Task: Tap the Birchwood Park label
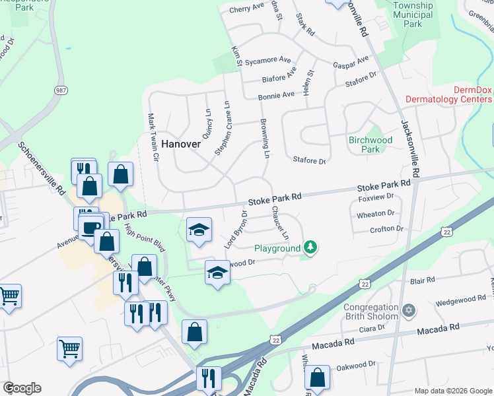[370, 145]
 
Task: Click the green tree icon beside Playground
[310, 248]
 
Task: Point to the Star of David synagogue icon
[408, 310]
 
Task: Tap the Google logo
[22, 388]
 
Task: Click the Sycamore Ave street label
[268, 61]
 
